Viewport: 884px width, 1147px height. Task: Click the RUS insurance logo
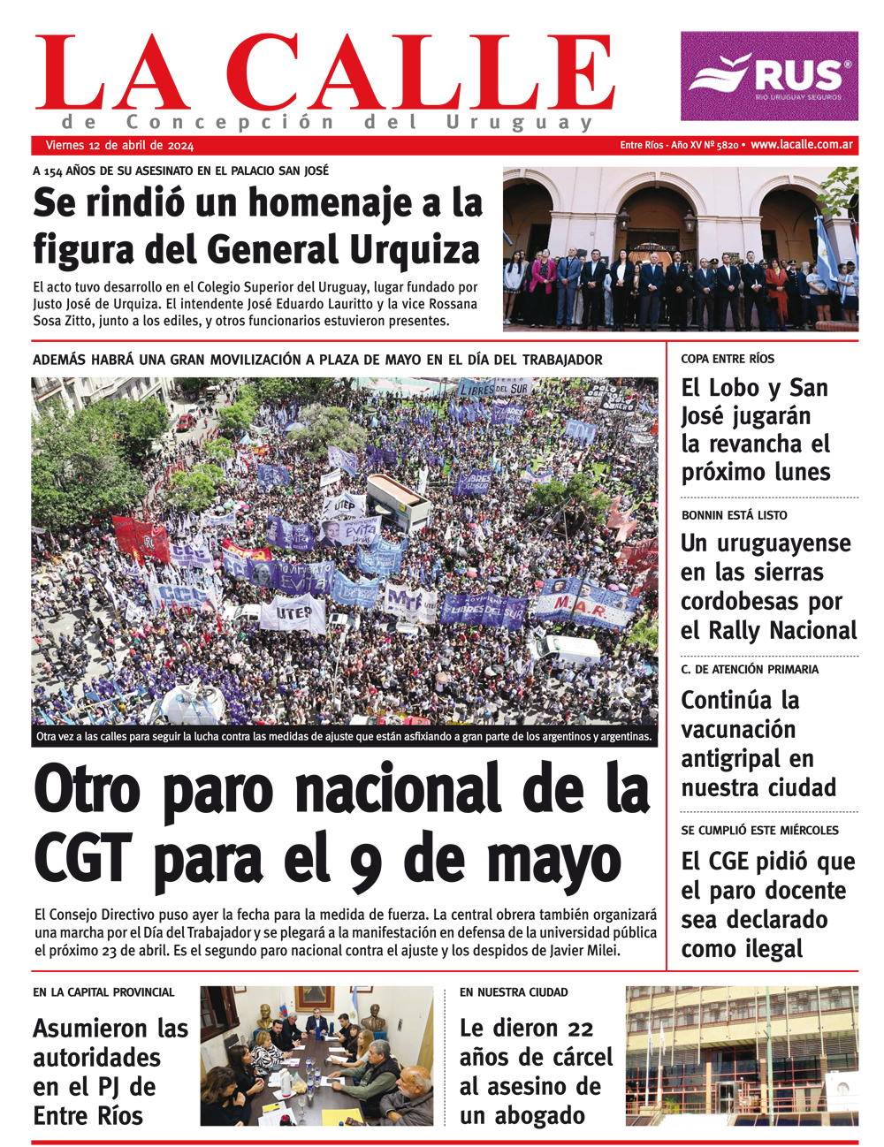pos(769,76)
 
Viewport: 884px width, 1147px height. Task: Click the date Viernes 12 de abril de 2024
pos(119,145)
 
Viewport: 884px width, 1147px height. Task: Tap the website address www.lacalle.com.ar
pos(802,145)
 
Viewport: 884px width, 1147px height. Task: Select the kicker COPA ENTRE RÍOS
pos(728,359)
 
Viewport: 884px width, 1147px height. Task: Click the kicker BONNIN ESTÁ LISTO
pos(734,515)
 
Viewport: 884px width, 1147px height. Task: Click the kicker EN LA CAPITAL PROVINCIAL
pos(104,992)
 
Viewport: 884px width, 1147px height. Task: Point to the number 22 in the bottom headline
pos(580,1029)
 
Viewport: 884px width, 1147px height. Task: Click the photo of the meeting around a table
pos(316,1056)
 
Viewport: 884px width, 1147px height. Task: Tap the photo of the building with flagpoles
pos(741,1056)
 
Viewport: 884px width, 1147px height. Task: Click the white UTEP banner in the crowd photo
pos(293,611)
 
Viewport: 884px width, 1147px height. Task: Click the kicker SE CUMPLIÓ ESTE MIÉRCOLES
pos(759,830)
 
